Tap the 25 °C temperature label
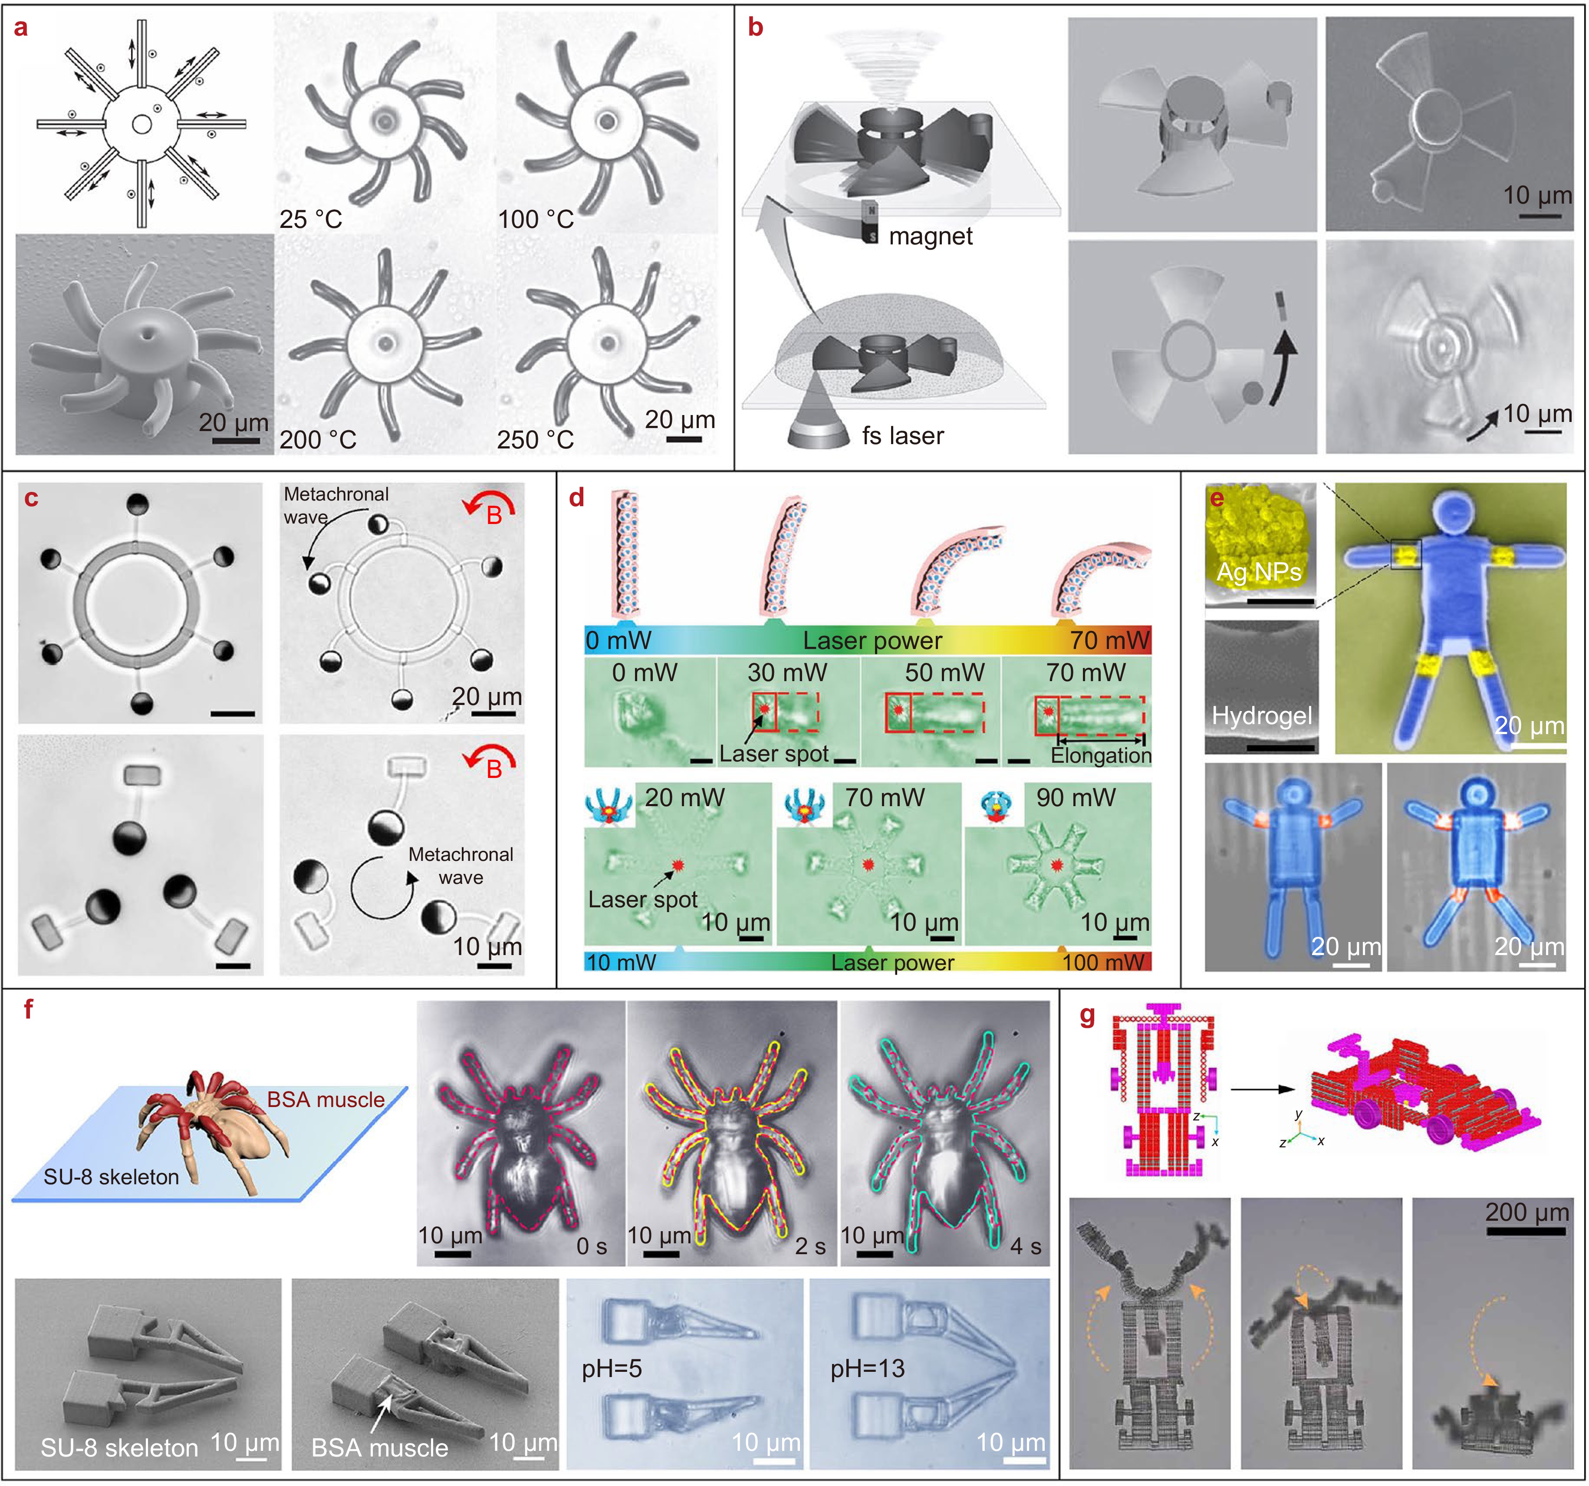(310, 219)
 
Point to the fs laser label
(902, 436)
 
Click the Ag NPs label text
(1258, 572)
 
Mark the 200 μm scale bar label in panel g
(1526, 1213)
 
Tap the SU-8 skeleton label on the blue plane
(111, 1176)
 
